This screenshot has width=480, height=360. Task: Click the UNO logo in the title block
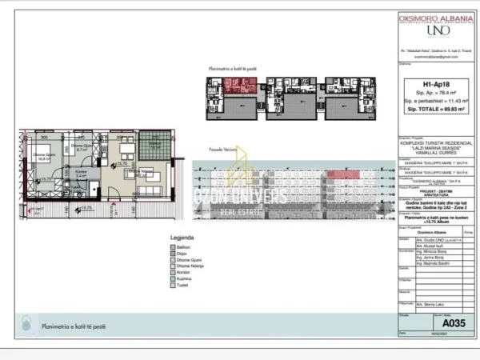coord(438,30)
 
